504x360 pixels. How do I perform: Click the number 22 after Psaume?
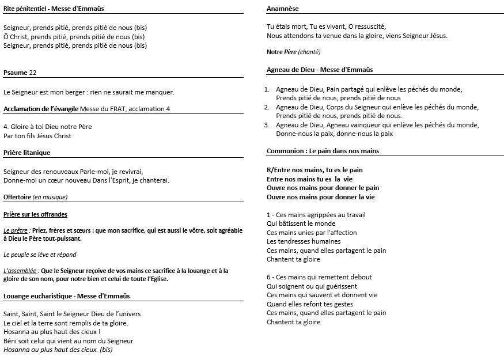(x=33, y=73)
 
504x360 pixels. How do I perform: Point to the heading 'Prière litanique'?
(x=26, y=153)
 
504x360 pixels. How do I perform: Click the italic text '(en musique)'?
(x=50, y=197)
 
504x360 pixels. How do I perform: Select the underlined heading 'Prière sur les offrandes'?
(x=35, y=214)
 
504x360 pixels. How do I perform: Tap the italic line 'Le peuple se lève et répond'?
(x=40, y=255)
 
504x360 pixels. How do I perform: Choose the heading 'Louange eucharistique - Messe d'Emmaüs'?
(x=66, y=296)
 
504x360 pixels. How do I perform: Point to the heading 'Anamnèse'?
(x=283, y=9)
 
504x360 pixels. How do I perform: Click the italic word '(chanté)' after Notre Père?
(x=309, y=52)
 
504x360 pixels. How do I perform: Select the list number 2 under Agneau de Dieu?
(x=267, y=107)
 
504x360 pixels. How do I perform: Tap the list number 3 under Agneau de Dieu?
(x=267, y=125)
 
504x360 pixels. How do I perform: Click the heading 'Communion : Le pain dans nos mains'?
(x=323, y=151)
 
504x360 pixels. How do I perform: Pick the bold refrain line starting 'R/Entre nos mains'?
(x=314, y=170)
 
